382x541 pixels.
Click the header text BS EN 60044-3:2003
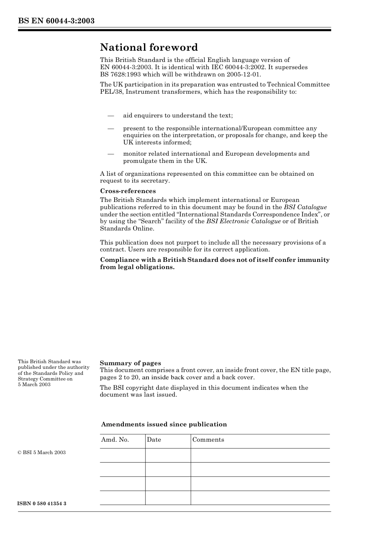point(56,21)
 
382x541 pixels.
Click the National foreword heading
point(149,47)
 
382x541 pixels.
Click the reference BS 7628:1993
point(122,74)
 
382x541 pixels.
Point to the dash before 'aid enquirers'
point(111,116)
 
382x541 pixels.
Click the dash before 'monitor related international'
point(111,154)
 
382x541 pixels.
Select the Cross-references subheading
point(127,191)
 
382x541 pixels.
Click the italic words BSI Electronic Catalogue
point(243,221)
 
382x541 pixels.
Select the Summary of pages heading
point(130,363)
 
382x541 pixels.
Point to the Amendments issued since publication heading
point(164,424)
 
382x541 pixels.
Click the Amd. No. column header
point(115,440)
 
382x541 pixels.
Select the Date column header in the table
point(154,440)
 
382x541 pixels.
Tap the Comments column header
point(208,440)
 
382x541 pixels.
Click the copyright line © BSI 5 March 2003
point(41,453)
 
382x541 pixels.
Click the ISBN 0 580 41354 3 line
point(42,504)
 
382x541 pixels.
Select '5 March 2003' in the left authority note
point(34,385)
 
